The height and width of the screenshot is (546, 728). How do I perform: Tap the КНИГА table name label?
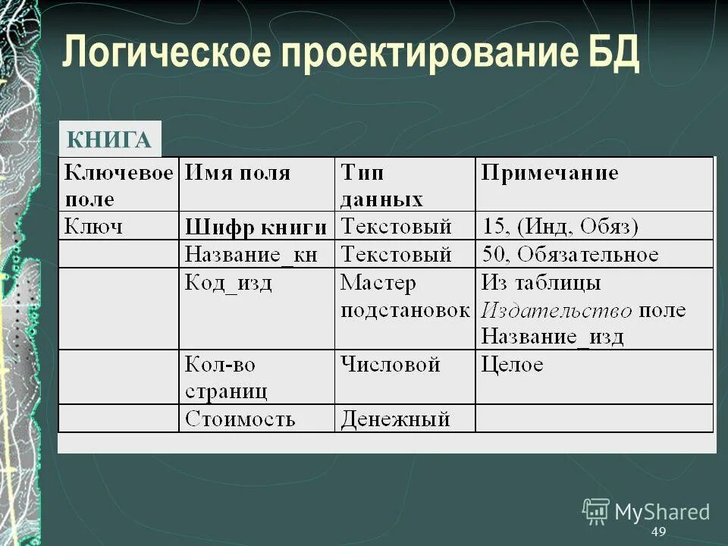point(109,140)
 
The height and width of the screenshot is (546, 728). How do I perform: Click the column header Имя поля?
point(238,173)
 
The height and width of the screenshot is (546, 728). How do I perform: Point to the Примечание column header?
point(550,173)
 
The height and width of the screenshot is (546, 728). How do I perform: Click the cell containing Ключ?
point(94,226)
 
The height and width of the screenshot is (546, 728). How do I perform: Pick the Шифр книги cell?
point(256,227)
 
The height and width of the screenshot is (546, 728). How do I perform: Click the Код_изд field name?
point(228,284)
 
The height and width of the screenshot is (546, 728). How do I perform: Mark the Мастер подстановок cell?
point(403,297)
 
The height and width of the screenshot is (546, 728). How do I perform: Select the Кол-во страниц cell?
point(226,378)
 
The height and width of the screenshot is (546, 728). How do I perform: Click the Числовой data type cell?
point(391,365)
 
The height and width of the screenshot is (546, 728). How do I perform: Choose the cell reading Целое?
point(513,365)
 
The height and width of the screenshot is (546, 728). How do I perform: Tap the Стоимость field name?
point(240,419)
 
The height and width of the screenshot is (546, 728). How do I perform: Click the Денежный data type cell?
point(395,419)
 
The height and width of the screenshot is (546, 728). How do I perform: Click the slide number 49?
point(658,532)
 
